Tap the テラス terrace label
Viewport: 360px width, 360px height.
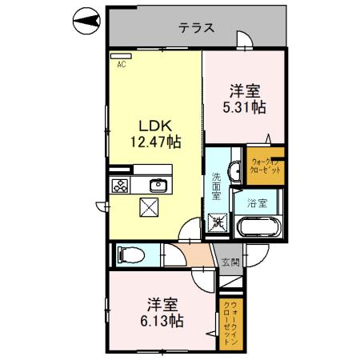tap(195, 28)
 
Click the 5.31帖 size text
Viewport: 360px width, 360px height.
tap(245, 107)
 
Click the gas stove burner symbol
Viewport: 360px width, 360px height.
tap(121, 186)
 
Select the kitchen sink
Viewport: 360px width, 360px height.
tap(156, 186)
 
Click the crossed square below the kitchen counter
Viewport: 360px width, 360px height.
tap(150, 207)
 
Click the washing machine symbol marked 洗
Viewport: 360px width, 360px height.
tap(217, 222)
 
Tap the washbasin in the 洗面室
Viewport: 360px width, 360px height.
tap(235, 170)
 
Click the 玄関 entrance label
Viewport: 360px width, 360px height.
tap(230, 262)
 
